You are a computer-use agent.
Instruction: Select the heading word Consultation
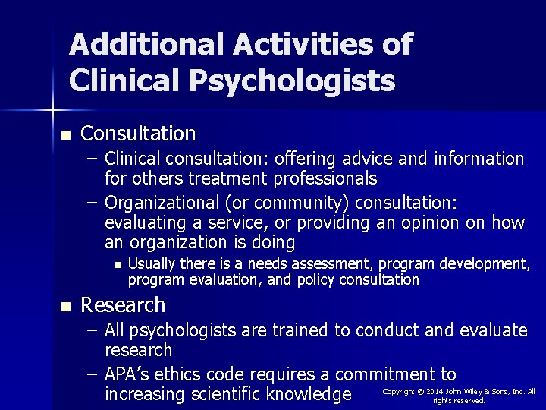pos(138,134)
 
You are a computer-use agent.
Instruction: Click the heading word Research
pos(123,305)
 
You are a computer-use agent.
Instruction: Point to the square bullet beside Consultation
pos(66,136)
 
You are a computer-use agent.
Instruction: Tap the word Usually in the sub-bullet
pos(153,263)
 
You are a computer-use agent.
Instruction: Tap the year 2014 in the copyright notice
pos(435,391)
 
